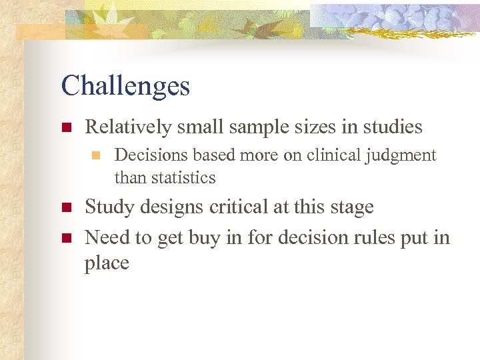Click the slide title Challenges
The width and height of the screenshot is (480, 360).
coord(125,86)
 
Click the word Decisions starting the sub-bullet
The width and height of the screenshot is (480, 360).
coord(151,155)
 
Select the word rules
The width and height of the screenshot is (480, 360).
coord(381,237)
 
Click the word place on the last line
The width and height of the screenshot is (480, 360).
coord(107,263)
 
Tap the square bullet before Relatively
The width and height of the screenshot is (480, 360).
coord(65,127)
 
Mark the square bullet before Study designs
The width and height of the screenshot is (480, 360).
coord(65,207)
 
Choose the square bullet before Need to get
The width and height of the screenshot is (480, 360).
coord(65,237)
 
